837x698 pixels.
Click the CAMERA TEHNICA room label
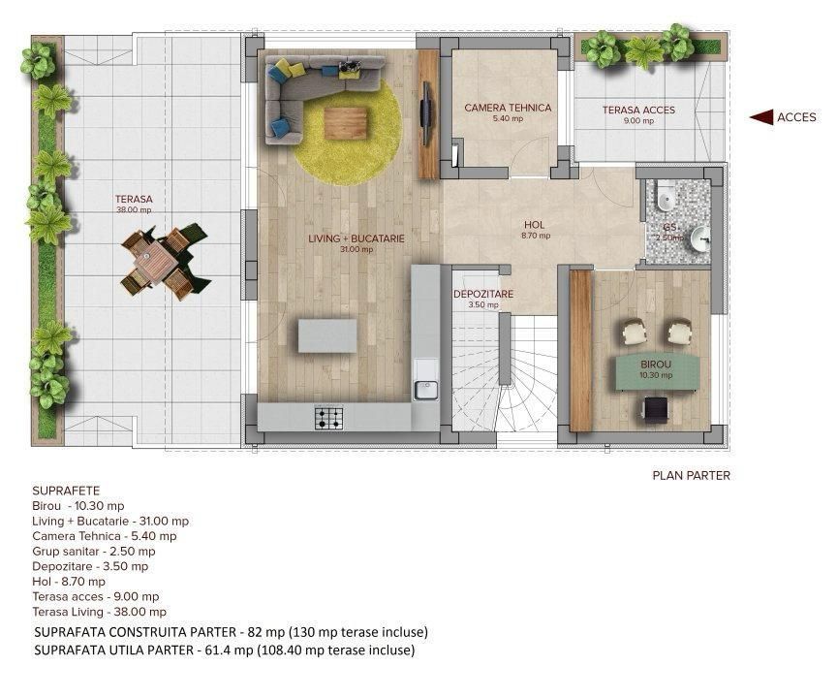pyautogui.click(x=508, y=108)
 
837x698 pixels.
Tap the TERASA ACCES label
pyautogui.click(x=638, y=110)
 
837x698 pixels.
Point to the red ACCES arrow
pyautogui.click(x=760, y=117)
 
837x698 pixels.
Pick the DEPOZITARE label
pyautogui.click(x=483, y=293)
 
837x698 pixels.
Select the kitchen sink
pyautogui.click(x=425, y=390)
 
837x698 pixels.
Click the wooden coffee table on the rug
pyautogui.click(x=345, y=122)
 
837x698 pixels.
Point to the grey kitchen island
pyautogui.click(x=327, y=335)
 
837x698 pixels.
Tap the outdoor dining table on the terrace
pyautogui.click(x=157, y=261)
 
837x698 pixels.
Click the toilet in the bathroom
pyautogui.click(x=665, y=199)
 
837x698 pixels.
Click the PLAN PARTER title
pyautogui.click(x=691, y=475)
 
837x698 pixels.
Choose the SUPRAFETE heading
pyautogui.click(x=65, y=491)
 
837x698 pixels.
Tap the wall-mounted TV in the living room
pyautogui.click(x=425, y=113)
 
